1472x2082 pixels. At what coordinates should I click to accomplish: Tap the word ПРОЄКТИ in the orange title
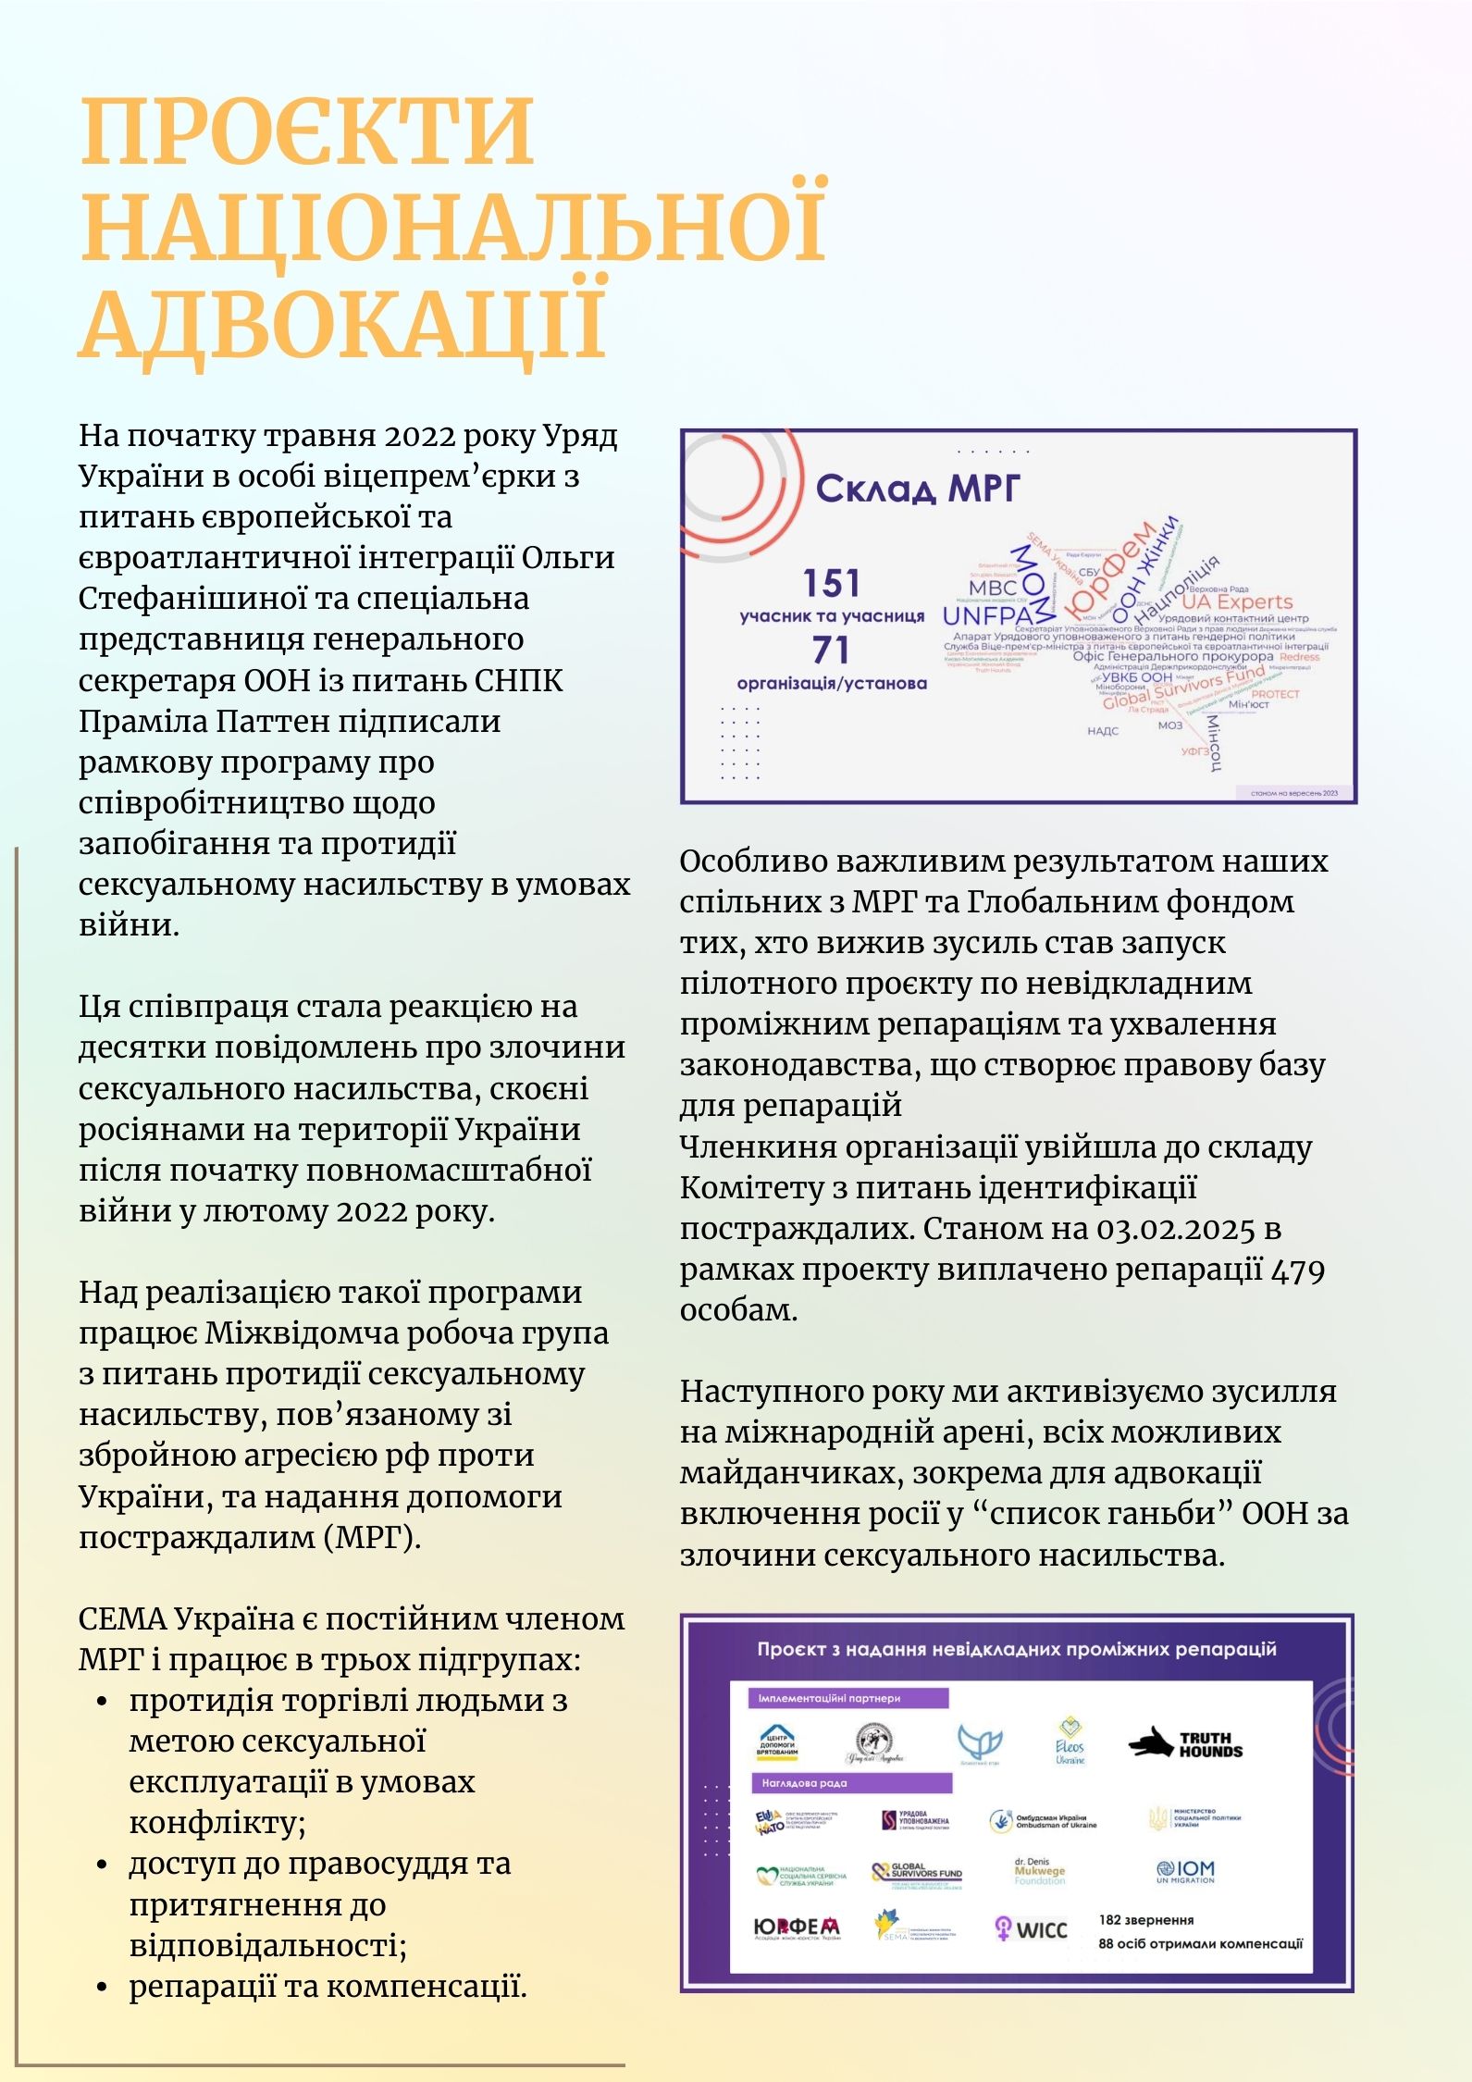(x=307, y=130)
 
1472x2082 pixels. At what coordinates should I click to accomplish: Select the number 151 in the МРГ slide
(x=831, y=584)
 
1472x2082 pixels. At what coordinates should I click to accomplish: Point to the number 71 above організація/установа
(x=830, y=651)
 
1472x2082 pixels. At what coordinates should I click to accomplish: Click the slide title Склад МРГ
(x=917, y=488)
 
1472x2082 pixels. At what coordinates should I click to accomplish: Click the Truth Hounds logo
(x=1185, y=1744)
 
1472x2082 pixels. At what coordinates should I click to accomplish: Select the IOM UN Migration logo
(x=1185, y=1871)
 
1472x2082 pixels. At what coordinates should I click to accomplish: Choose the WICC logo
(x=1030, y=1928)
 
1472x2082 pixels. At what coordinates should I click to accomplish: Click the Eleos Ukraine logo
(x=1070, y=1742)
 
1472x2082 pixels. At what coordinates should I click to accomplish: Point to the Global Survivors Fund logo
(x=917, y=1873)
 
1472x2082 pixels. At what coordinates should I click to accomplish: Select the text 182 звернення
(x=1146, y=1920)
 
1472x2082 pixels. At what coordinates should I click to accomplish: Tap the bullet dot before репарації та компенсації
(x=103, y=1987)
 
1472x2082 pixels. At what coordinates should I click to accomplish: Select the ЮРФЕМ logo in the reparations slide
(x=797, y=1927)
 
